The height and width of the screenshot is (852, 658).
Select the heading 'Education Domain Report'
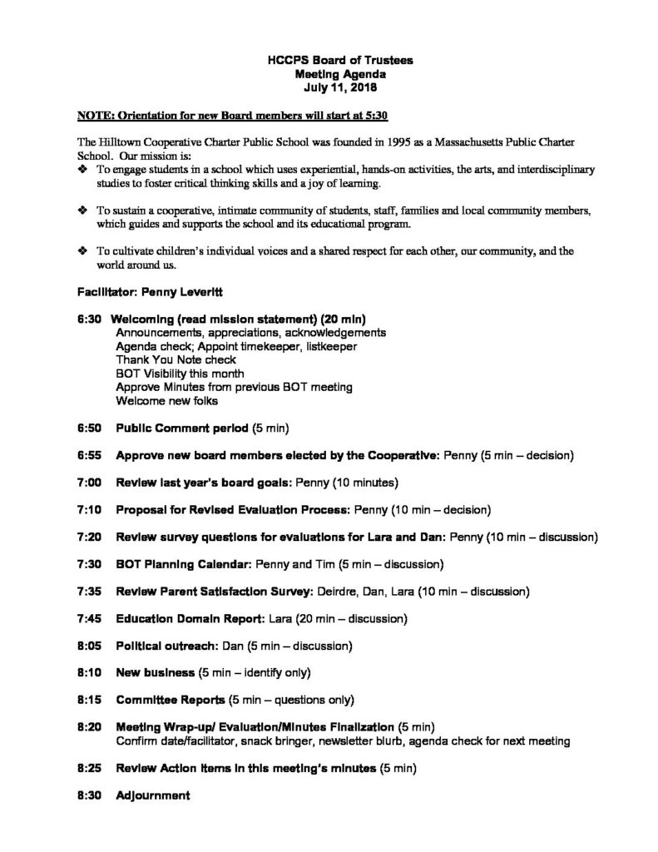point(191,618)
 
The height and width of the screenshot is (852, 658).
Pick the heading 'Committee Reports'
point(171,699)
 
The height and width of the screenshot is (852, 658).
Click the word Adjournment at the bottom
point(153,795)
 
